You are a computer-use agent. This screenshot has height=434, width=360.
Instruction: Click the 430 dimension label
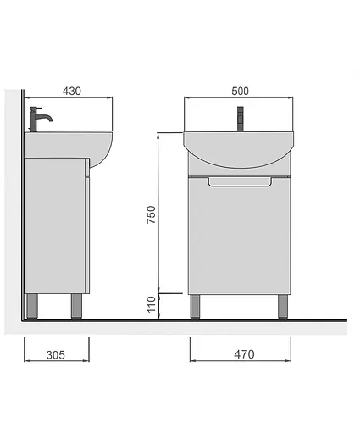tap(72, 91)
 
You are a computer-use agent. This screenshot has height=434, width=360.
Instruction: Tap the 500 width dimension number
tap(240, 91)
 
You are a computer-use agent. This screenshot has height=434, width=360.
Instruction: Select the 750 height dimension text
tap(151, 214)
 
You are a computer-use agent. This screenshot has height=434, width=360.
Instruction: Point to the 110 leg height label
tap(152, 304)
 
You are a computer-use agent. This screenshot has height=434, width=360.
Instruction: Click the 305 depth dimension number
tap(56, 355)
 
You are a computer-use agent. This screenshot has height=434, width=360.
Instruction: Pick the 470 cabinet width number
tap(244, 354)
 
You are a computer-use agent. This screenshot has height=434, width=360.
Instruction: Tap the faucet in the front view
tap(241, 119)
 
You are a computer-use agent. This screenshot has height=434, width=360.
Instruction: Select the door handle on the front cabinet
tap(240, 181)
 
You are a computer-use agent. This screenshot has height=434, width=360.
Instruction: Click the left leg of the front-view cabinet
tap(195, 307)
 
